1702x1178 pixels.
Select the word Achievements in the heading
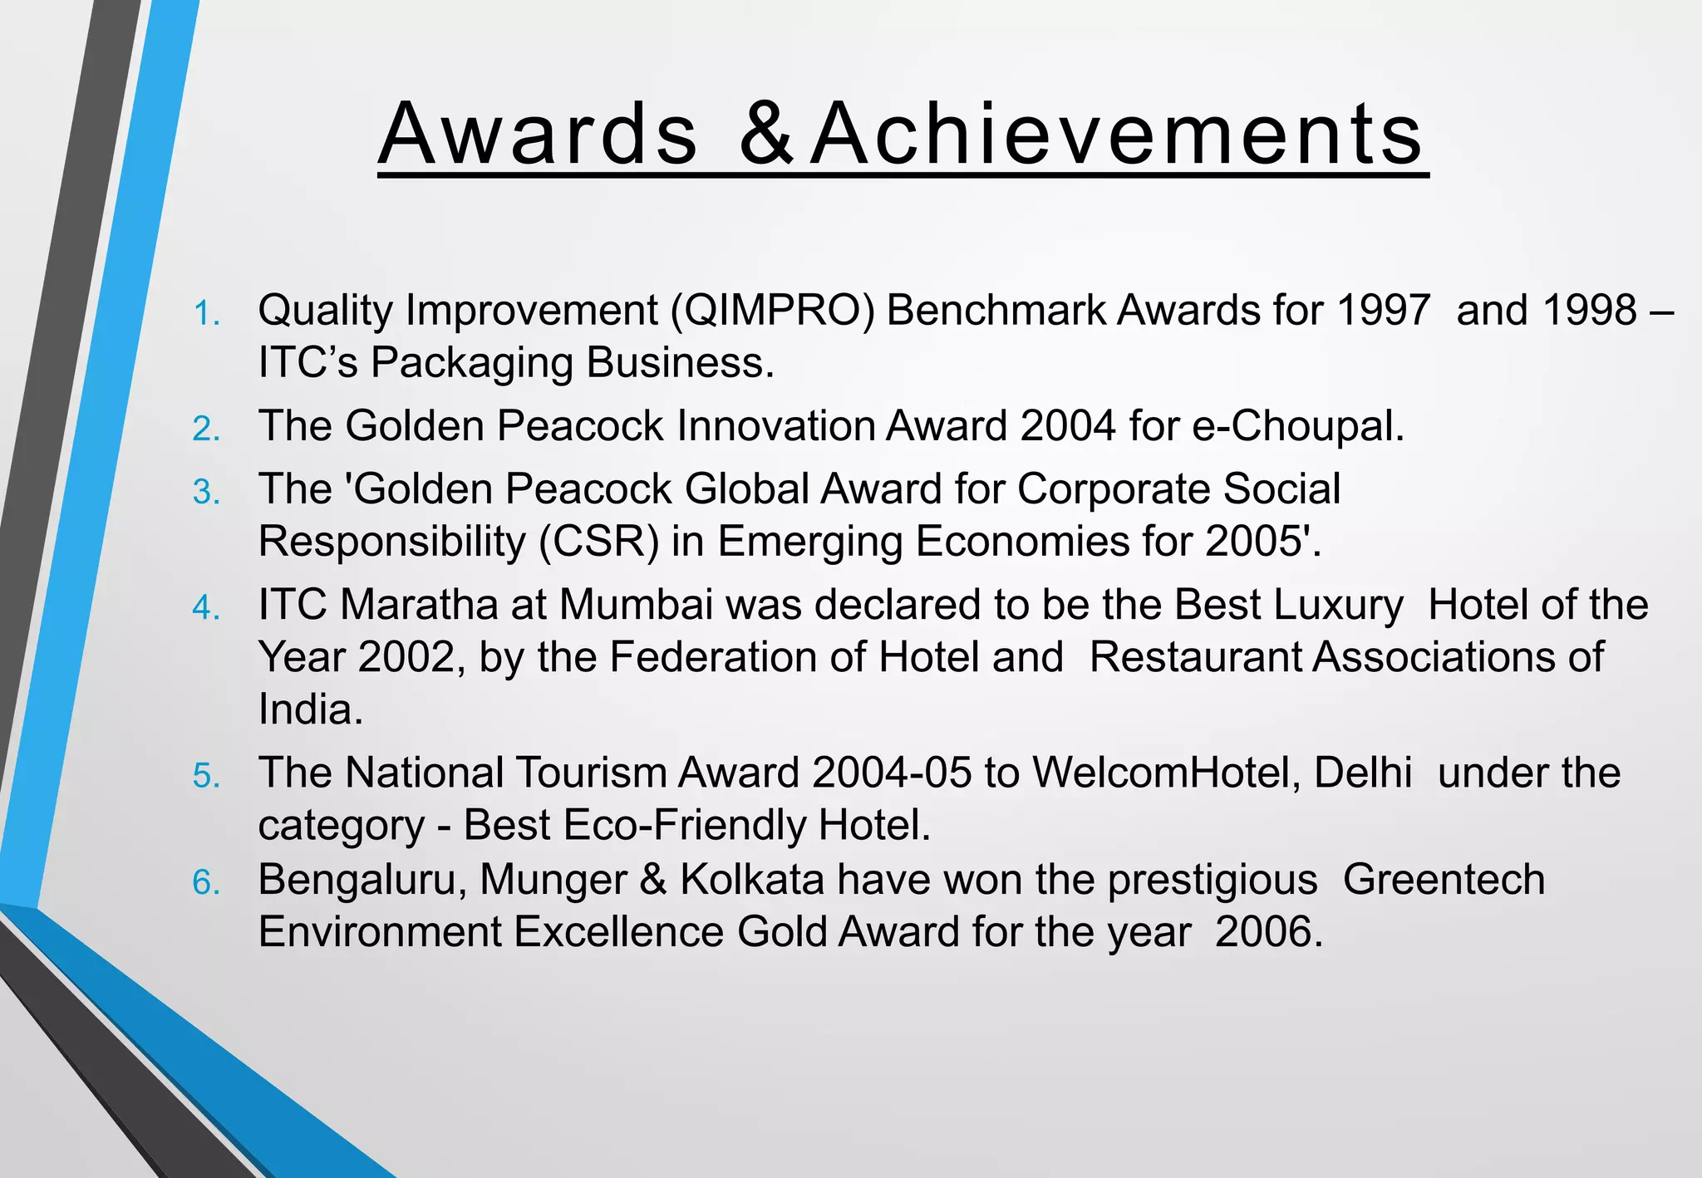tap(1119, 135)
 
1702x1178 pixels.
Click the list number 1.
tap(206, 314)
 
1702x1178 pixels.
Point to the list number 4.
tap(206, 608)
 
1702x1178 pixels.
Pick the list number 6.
tap(206, 883)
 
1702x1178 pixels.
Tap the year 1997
tap(1384, 311)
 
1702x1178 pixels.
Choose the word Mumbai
tap(636, 605)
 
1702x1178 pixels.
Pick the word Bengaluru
tap(362, 880)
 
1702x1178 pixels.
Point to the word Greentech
tap(1444, 880)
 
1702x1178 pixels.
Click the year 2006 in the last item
tap(1267, 932)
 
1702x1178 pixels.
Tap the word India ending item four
tap(310, 710)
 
